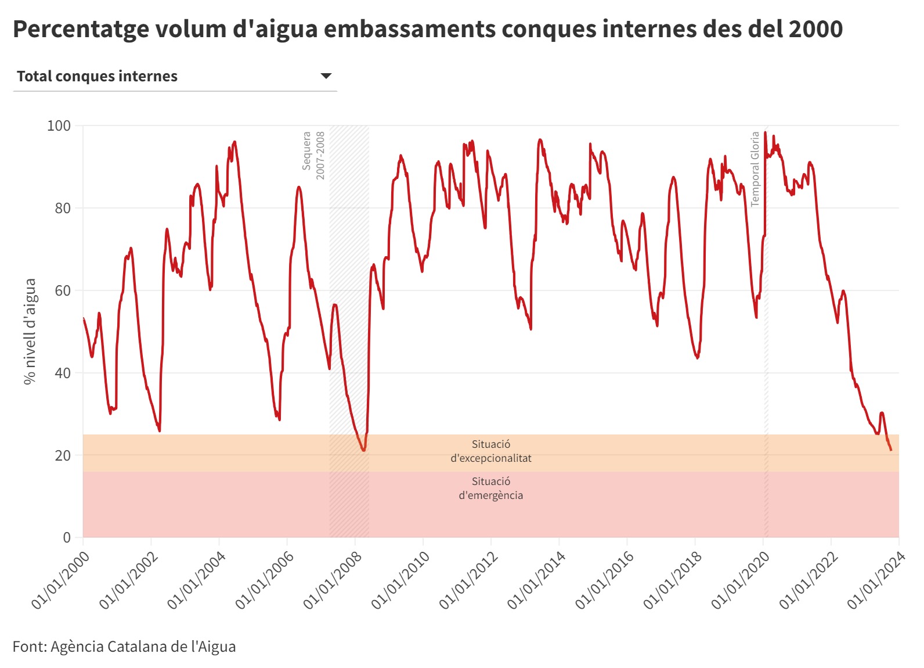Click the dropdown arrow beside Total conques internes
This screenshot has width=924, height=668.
[x=326, y=76]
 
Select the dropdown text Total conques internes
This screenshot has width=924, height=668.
[x=97, y=76]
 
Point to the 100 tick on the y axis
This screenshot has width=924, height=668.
[x=59, y=125]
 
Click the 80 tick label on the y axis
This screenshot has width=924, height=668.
[x=62, y=208]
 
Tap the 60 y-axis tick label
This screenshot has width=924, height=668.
[x=62, y=290]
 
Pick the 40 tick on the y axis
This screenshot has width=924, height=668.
[x=62, y=373]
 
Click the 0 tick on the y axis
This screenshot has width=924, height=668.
[x=67, y=537]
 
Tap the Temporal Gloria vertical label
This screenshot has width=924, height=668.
[x=755, y=168]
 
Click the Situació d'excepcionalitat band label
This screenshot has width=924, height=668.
[x=491, y=451]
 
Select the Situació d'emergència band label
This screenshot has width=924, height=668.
[x=491, y=489]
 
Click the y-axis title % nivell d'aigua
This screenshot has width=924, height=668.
[x=30, y=331]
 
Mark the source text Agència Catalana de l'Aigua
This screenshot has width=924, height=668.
[x=143, y=647]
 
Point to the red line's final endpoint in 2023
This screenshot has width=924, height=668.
[x=891, y=450]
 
